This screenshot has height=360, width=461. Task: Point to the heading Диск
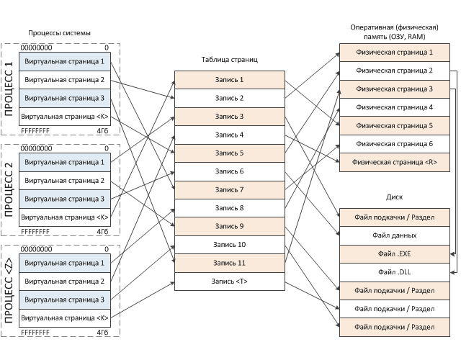click(394, 195)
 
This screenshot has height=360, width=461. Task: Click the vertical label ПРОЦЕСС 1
click(9, 88)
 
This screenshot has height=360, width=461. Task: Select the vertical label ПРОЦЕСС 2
click(9, 189)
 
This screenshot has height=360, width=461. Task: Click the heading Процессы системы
click(59, 33)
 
